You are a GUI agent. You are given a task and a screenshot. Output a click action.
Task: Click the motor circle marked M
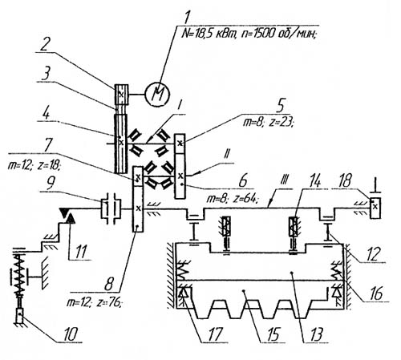157,95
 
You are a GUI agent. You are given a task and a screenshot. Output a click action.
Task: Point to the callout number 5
281,106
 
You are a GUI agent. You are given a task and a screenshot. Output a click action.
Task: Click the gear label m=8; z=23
268,123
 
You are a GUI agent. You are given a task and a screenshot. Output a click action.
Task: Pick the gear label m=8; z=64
232,199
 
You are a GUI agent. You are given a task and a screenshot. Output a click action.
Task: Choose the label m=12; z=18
34,166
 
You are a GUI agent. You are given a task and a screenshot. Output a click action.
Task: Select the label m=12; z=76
94,303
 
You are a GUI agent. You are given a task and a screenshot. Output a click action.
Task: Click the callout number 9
51,183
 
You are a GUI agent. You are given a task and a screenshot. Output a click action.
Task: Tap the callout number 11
80,251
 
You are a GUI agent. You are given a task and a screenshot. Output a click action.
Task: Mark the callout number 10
71,334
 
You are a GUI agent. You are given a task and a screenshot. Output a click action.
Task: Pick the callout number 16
376,293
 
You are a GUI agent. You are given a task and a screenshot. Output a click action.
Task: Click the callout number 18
345,181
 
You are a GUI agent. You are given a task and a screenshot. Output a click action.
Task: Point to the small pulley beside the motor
121,94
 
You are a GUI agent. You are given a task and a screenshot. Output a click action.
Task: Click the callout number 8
109,284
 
